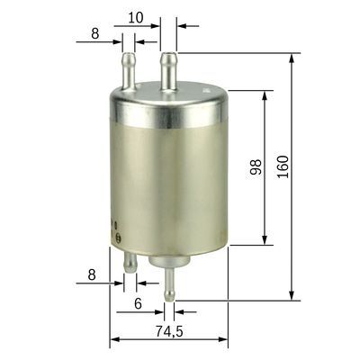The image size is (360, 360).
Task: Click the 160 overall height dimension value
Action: tap(283, 166)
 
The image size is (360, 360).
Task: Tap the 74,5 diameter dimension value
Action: tap(168, 332)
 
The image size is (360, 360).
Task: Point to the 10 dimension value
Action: tap(135, 17)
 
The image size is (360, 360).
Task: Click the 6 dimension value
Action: tap(137, 304)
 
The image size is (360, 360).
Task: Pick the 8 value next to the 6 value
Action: tap(92, 274)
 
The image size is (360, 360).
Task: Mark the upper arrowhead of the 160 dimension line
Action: tap(292, 58)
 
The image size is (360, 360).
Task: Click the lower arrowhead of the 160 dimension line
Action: tap(292, 295)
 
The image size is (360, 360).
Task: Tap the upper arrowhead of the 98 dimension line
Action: tap(265, 95)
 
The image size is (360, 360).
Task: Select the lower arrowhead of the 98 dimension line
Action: tap(265, 238)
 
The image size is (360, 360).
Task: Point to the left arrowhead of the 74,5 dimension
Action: tap(114, 342)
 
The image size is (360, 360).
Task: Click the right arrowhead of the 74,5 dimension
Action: tap(226, 342)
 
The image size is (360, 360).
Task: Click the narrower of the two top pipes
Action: tap(127, 71)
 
